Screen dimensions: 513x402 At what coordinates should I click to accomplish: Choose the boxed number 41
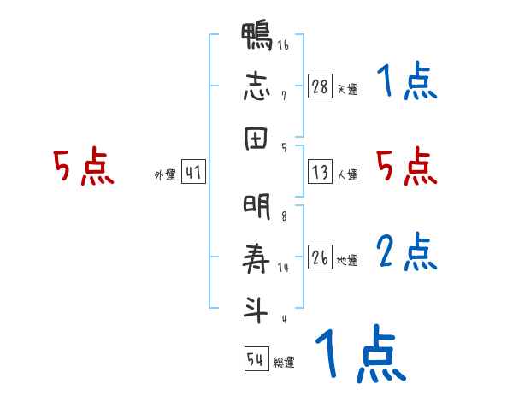click(193, 173)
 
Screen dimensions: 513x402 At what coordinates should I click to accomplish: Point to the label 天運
click(348, 89)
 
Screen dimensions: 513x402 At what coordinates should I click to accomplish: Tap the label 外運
click(165, 175)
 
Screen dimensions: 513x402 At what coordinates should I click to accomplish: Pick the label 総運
click(284, 363)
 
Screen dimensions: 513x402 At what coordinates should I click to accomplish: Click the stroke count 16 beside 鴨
click(282, 46)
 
